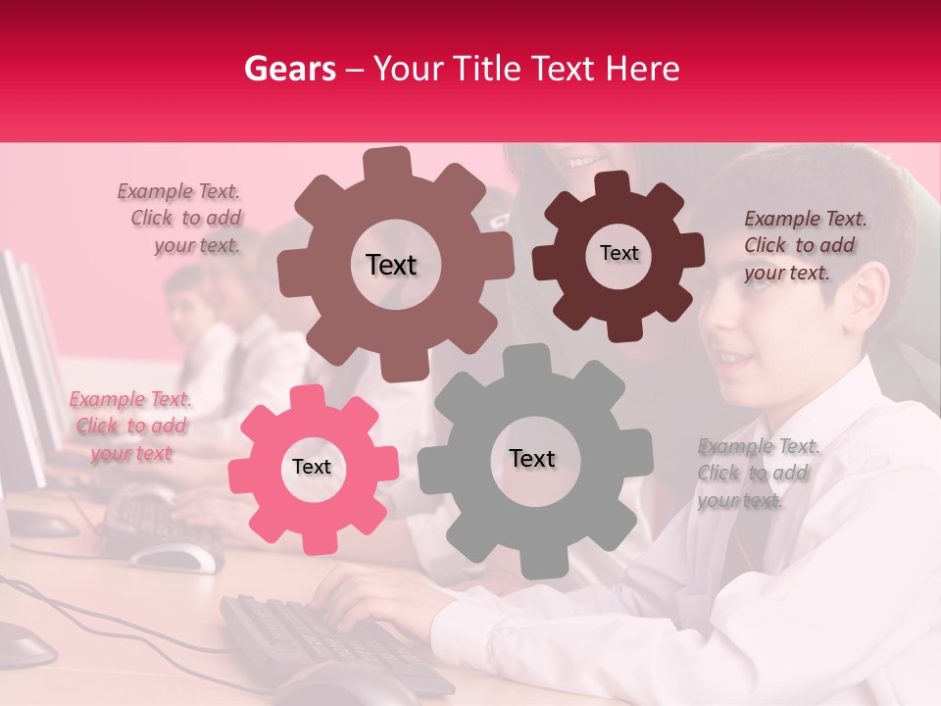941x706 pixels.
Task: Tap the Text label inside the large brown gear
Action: click(391, 265)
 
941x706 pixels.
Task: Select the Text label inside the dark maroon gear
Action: click(619, 253)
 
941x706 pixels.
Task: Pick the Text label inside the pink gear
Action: click(312, 467)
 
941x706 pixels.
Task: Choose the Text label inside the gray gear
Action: click(531, 458)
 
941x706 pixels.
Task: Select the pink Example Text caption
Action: click(130, 427)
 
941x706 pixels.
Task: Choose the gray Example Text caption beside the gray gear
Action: click(757, 474)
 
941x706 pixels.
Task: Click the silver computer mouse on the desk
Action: click(176, 557)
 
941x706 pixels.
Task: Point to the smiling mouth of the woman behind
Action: click(585, 159)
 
